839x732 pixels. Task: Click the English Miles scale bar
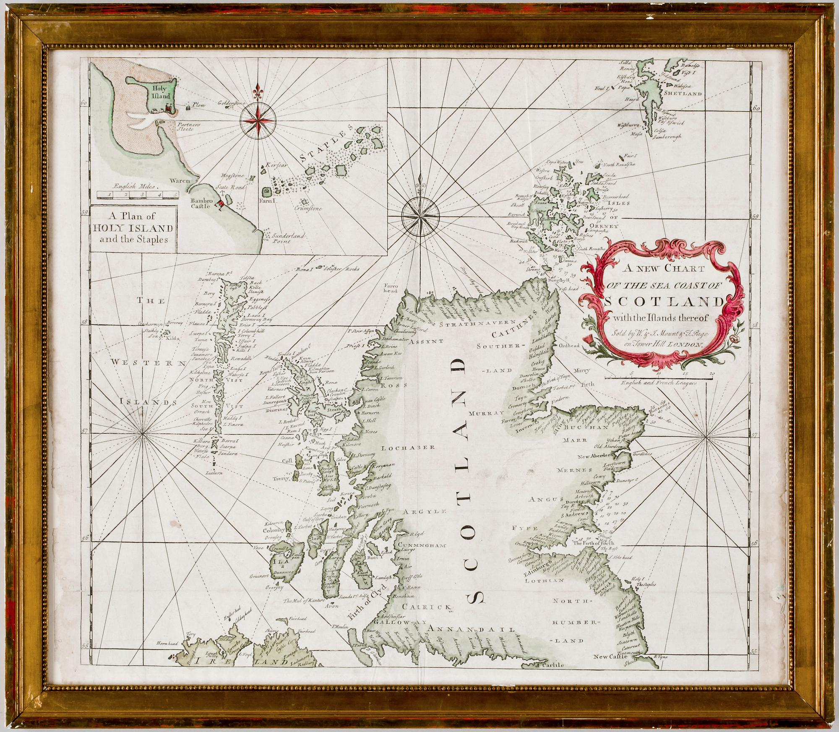point(137,195)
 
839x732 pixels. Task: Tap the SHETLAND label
point(685,94)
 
